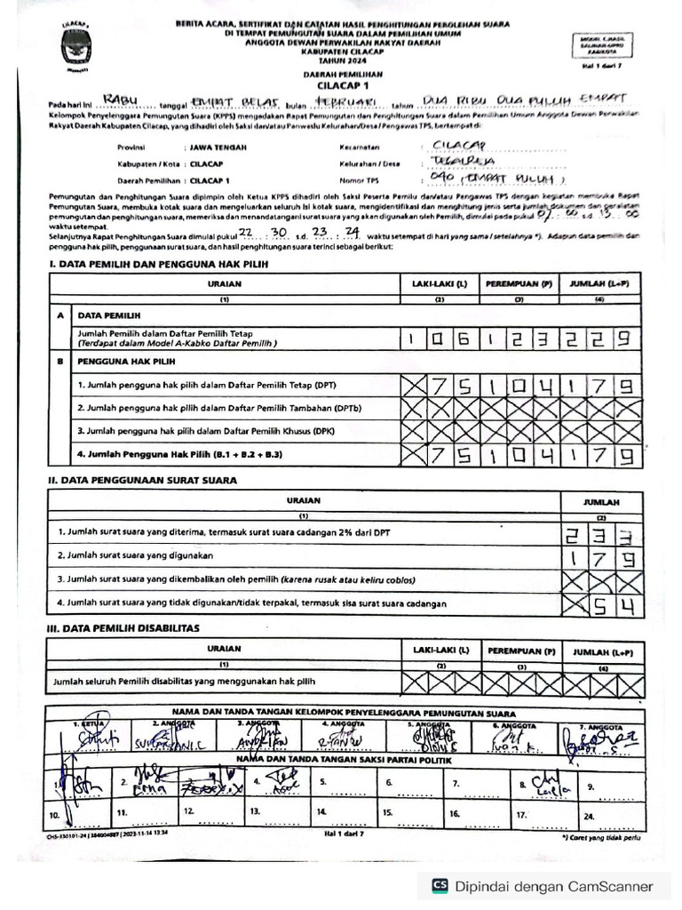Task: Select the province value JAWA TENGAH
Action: point(214,148)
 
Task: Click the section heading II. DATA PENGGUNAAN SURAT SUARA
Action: point(143,481)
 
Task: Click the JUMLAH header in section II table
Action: point(601,501)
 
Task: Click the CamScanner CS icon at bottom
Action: point(439,885)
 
